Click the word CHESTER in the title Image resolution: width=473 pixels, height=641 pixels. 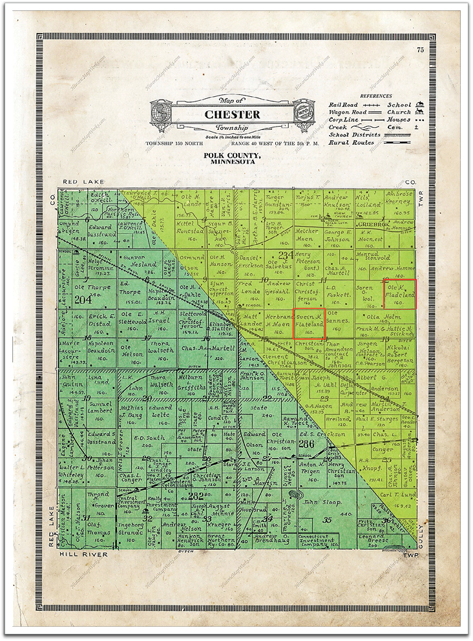pyautogui.click(x=232, y=115)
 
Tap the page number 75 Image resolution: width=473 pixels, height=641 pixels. pyautogui.click(x=420, y=50)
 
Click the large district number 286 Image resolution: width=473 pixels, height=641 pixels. pyautogui.click(x=305, y=445)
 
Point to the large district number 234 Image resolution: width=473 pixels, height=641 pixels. pyautogui.click(x=286, y=254)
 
